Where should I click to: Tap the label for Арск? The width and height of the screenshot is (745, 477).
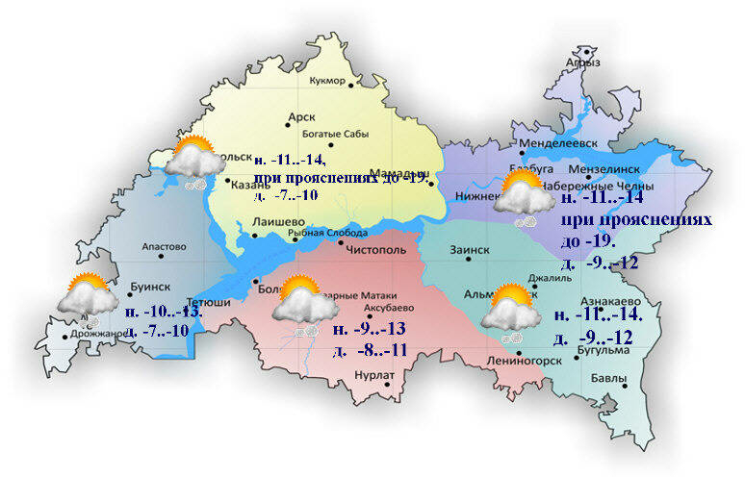pyautogui.click(x=301, y=118)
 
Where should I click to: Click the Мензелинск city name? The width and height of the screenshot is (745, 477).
pyautogui.click(x=604, y=168)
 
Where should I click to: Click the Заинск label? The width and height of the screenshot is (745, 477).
pyautogui.click(x=470, y=249)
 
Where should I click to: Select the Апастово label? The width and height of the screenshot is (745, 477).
pyautogui.click(x=163, y=247)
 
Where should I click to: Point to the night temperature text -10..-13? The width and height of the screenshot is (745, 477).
pyautogui.click(x=164, y=313)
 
